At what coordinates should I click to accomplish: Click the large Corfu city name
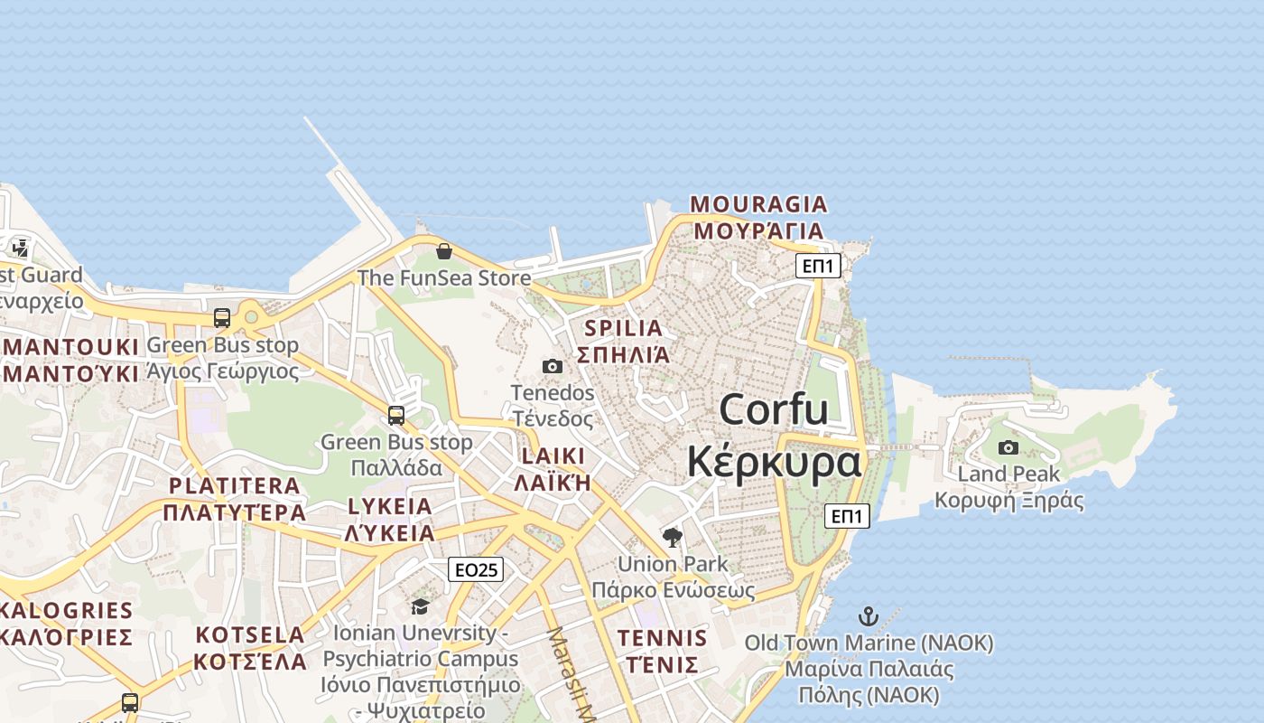coord(774,409)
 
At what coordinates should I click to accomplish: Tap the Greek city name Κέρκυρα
coord(774,462)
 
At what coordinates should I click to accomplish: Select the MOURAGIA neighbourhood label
coord(758,204)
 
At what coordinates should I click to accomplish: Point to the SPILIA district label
coord(623,328)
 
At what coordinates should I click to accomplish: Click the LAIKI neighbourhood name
coord(553,456)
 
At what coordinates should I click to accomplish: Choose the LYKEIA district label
coord(389,506)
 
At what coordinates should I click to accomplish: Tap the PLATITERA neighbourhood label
coord(234,486)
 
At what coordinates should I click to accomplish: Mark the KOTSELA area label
coord(250,634)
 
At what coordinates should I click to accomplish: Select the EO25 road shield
coord(476,569)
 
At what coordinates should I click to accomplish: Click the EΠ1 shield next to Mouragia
coord(818,266)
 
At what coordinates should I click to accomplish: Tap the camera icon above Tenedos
coord(553,366)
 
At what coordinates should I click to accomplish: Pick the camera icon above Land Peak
coord(1008,447)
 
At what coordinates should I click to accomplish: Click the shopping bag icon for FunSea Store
coord(443,251)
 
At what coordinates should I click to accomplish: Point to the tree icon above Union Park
coord(672,538)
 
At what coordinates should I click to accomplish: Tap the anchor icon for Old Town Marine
coord(868,616)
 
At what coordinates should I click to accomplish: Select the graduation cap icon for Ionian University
coord(420,606)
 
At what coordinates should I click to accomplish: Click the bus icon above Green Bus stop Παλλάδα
coord(395,416)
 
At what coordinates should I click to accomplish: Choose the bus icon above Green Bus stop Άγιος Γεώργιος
coord(222,318)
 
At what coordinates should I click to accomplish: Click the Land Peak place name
coord(1008,474)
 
